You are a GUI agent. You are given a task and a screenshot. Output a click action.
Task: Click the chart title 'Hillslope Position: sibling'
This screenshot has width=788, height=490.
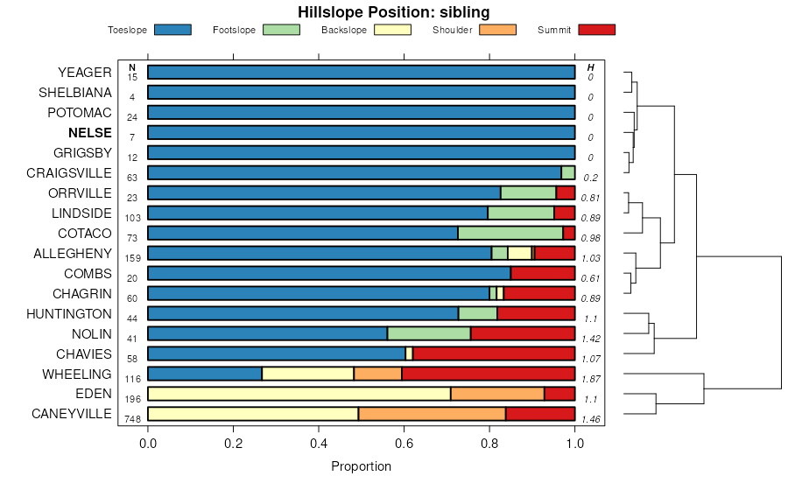(x=393, y=12)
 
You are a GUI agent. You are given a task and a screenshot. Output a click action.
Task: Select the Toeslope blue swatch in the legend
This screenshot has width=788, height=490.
(x=172, y=30)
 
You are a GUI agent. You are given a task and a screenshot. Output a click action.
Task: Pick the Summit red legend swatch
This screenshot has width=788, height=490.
(x=597, y=30)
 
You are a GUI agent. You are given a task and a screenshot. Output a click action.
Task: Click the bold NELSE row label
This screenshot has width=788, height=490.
(x=90, y=133)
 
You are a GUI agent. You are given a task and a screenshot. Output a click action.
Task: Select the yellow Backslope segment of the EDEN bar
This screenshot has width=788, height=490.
(x=299, y=394)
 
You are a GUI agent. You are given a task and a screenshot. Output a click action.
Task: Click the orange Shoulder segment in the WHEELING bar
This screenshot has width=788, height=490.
(x=377, y=374)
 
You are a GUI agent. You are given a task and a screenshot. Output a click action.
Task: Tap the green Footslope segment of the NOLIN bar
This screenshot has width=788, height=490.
(x=428, y=333)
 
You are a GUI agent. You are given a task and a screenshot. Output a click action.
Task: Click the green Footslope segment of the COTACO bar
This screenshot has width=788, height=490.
(x=510, y=233)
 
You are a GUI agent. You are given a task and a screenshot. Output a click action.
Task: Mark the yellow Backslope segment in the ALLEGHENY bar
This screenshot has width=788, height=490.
(x=519, y=253)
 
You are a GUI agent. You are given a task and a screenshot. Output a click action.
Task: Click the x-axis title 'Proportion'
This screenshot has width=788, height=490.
(x=361, y=466)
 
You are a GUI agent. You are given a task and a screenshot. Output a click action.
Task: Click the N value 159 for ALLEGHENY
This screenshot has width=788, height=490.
(x=132, y=259)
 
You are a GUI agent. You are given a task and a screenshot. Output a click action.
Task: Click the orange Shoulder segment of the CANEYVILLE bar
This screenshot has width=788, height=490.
(x=432, y=414)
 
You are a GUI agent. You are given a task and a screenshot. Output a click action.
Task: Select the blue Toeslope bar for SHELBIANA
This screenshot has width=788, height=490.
(x=361, y=93)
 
